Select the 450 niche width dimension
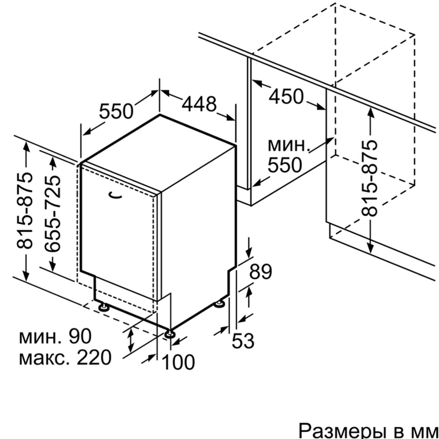tap(286, 97)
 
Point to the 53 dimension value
tap(243, 341)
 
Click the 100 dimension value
tap(179, 362)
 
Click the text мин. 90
tap(55, 336)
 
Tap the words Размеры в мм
tap(368, 431)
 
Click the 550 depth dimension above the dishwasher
tap(117, 111)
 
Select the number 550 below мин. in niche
tap(285, 165)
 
